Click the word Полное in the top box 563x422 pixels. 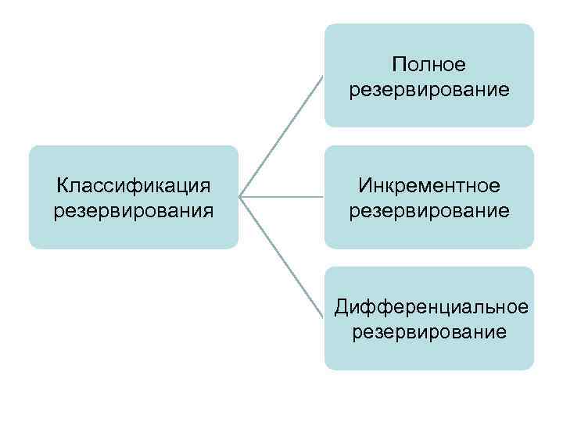[429, 65]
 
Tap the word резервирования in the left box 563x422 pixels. [134, 211]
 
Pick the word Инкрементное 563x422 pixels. [429, 186]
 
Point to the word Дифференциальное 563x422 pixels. [429, 307]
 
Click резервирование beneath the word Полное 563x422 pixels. [429, 91]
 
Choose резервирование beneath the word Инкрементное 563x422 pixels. [429, 211]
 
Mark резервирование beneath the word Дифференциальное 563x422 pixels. [429, 333]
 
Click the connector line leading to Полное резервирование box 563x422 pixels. [281, 135]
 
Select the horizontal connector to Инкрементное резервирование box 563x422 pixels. [281, 197]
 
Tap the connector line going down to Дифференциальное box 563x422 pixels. [281, 258]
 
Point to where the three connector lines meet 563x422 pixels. [240, 197]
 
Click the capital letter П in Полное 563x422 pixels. [399, 65]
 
